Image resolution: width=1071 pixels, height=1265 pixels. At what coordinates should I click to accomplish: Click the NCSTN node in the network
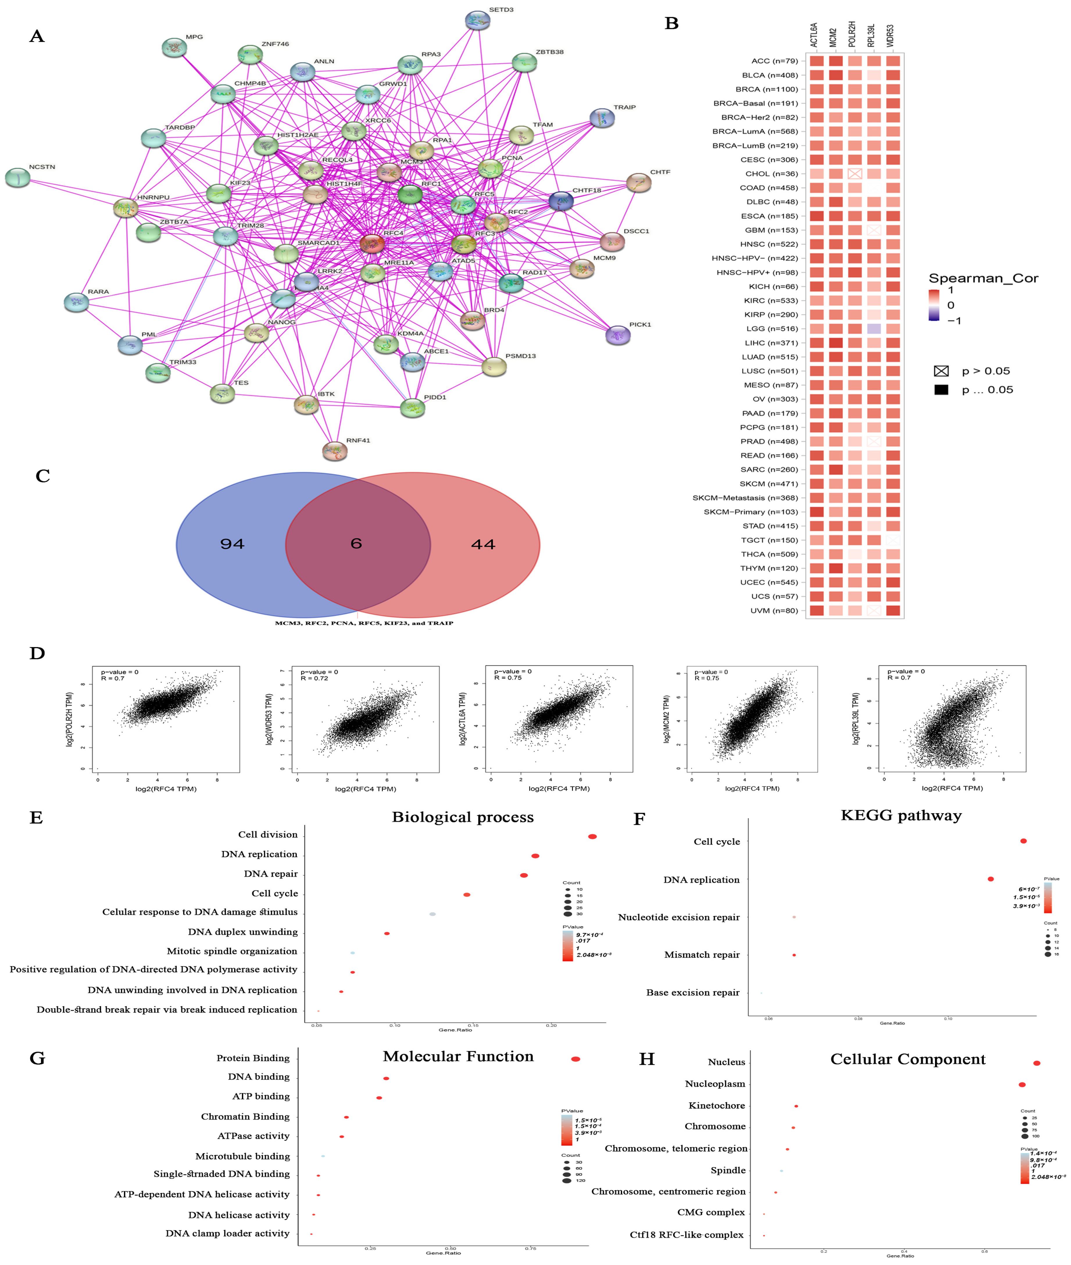[x=18, y=178]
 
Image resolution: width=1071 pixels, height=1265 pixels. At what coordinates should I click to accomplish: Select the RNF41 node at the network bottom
[x=335, y=451]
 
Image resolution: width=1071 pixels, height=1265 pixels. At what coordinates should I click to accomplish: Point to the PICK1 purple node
[x=618, y=335]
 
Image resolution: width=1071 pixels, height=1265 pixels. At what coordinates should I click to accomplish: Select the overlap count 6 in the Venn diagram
[x=356, y=543]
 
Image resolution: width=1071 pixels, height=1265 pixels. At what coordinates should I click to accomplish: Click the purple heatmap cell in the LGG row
[x=874, y=328]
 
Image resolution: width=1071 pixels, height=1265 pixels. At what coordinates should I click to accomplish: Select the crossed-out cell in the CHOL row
[x=855, y=174]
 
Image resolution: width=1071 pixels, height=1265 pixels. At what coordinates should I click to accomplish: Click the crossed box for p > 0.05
[x=941, y=371]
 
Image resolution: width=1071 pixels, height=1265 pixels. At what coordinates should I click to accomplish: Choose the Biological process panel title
[x=463, y=817]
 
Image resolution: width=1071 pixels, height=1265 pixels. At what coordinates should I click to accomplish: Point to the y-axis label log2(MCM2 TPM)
[x=667, y=719]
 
